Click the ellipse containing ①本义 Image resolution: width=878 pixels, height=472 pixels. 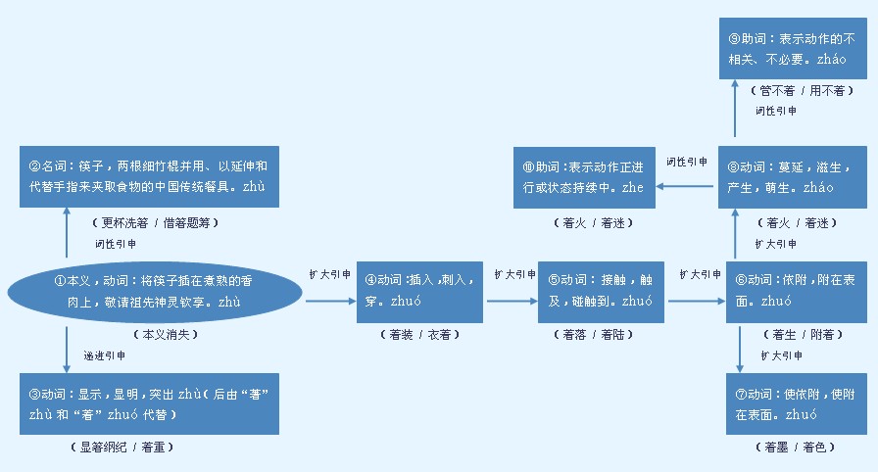[156, 291]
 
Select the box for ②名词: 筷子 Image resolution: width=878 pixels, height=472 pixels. [149, 175]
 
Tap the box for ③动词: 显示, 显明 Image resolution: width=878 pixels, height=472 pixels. [149, 403]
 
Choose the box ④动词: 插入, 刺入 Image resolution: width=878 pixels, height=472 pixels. [419, 291]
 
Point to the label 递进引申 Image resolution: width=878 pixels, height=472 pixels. [104, 354]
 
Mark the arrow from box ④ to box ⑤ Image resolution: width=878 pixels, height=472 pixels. [511, 301]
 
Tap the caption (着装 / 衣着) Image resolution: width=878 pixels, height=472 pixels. [419, 335]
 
